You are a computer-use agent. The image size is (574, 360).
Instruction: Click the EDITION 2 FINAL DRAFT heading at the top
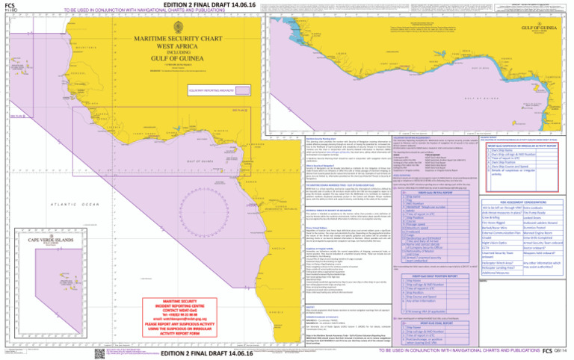pyautogui.click(x=185, y=4)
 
